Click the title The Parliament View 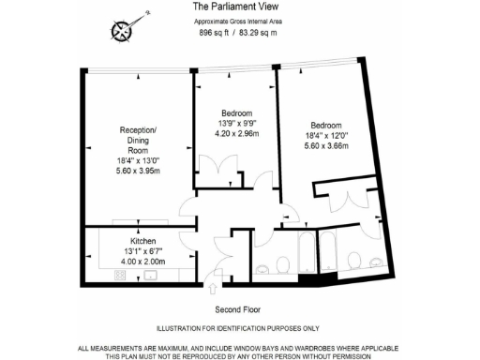tap(239, 7)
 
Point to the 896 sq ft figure tap(216, 32)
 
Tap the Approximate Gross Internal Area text tap(239, 20)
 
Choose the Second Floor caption tap(239, 309)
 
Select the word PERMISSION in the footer tap(351, 356)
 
